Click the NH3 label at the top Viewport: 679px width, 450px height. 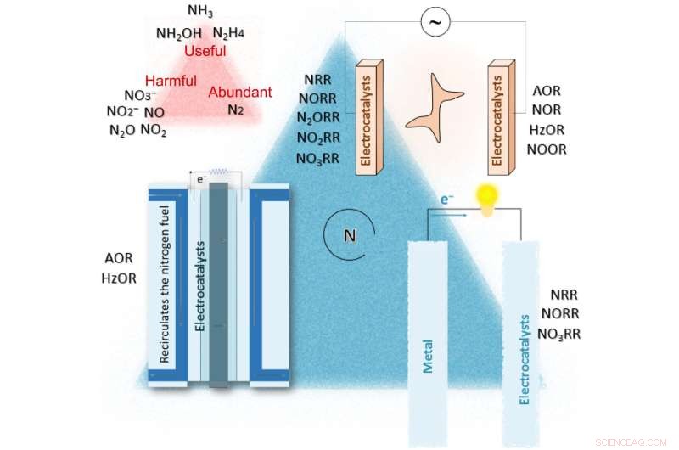(x=200, y=12)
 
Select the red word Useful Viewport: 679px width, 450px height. (x=205, y=52)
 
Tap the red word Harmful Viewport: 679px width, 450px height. (x=170, y=81)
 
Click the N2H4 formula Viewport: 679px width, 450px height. (x=228, y=33)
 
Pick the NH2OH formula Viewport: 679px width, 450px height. (x=178, y=33)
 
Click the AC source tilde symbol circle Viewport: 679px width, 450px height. (x=436, y=24)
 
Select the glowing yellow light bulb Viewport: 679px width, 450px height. (x=485, y=200)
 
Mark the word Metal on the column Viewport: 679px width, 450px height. (x=428, y=357)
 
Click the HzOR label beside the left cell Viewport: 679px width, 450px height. (x=118, y=277)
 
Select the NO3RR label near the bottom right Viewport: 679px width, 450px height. (x=559, y=334)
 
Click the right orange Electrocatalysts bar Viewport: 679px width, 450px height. (x=498, y=116)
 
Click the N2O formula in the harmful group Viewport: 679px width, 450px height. (x=122, y=130)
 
